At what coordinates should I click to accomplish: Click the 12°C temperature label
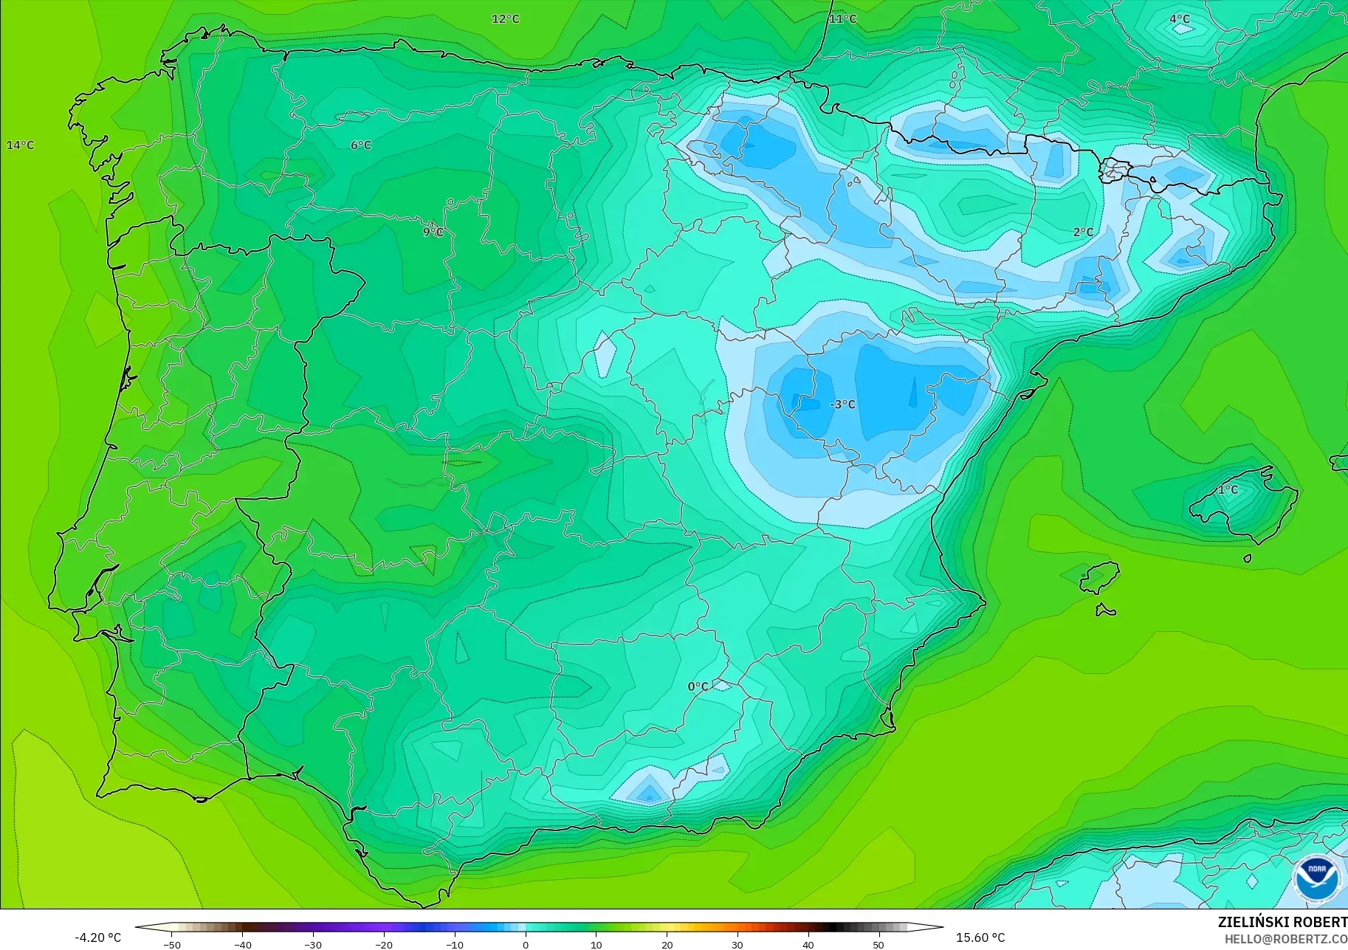coord(506,18)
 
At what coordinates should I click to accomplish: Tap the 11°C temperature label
coord(842,18)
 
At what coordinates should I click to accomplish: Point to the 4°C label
coord(1180,18)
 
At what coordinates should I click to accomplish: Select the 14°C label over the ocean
coord(20,145)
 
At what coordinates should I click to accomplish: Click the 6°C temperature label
coord(361,145)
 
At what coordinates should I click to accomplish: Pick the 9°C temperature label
coord(433,232)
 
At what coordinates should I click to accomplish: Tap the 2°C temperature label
coord(1083,232)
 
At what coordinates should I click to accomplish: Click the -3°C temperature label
coord(842,404)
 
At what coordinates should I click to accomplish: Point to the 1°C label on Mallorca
coord(1228,489)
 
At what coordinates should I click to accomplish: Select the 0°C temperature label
coord(698,686)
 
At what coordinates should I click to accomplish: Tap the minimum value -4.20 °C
coord(97,937)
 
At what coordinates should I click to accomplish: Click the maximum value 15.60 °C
coord(980,937)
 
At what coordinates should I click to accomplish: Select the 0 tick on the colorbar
coord(525,945)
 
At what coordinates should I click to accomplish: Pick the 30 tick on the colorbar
coord(737,945)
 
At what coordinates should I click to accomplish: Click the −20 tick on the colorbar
coord(383,945)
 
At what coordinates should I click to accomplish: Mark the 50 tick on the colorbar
coord(878,945)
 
